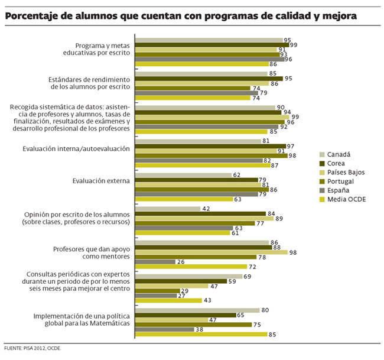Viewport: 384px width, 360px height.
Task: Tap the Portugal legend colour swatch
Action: (323, 181)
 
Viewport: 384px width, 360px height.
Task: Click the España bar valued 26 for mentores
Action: (155, 262)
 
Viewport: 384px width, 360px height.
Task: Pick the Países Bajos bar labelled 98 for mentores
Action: (211, 252)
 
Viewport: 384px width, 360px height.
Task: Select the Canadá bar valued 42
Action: (168, 209)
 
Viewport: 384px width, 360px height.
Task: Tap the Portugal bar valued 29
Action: (157, 291)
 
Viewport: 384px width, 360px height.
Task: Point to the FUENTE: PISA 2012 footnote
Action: (32, 348)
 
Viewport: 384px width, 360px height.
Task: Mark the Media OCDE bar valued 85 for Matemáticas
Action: (201, 335)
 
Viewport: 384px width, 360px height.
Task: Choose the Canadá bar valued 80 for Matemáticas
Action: (197, 310)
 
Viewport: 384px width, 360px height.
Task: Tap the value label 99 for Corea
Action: (293, 45)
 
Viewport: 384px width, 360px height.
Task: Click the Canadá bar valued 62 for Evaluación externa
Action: (183, 175)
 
